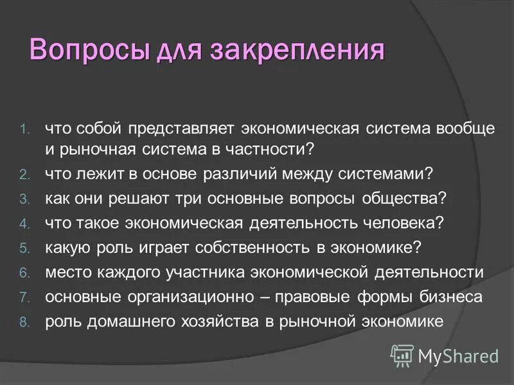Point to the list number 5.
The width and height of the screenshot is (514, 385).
24,248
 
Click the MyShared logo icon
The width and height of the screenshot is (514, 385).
402,354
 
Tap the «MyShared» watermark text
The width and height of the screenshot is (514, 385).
457,355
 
